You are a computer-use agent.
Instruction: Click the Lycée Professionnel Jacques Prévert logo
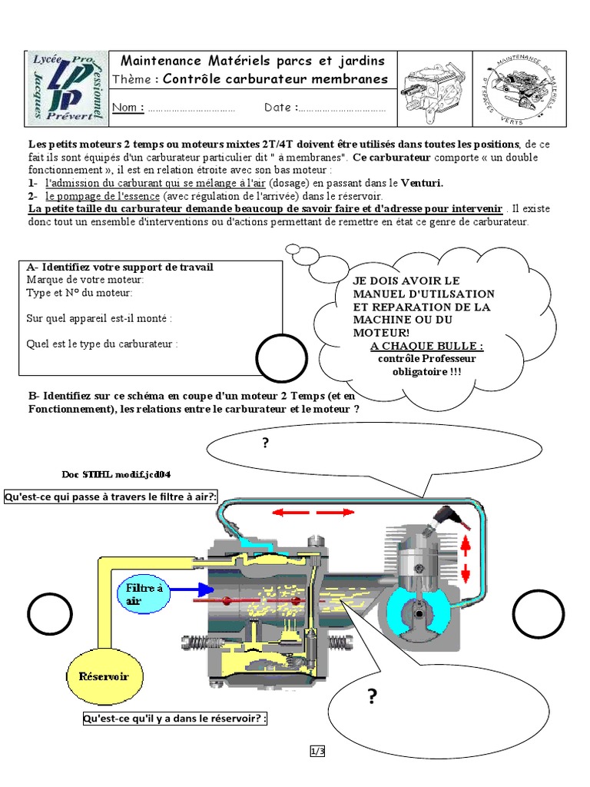click(x=68, y=87)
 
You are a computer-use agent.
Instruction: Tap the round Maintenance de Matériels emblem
click(x=519, y=88)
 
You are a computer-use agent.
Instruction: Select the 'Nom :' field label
click(x=128, y=108)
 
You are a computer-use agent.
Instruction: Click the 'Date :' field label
click(x=281, y=108)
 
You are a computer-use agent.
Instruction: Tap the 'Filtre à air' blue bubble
click(x=144, y=594)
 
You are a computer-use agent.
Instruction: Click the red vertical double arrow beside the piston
click(x=465, y=560)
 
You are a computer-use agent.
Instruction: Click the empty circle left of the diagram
click(x=49, y=615)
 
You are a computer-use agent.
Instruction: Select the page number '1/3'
click(x=317, y=752)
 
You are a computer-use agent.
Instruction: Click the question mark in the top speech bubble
click(x=266, y=443)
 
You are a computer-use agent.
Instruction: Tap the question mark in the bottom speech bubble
click(x=373, y=697)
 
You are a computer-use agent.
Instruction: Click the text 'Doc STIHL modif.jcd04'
click(x=122, y=473)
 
